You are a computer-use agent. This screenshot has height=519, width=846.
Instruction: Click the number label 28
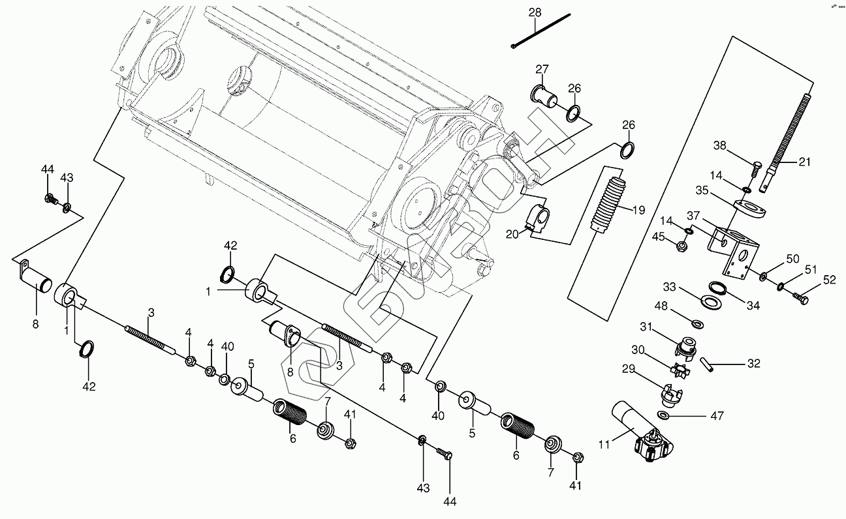535,12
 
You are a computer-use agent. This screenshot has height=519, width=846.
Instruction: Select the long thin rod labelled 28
542,30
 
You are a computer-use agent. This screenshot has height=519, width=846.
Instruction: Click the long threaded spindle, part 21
793,137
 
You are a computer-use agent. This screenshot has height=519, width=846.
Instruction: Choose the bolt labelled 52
800,298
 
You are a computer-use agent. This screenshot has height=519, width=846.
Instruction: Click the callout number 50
792,259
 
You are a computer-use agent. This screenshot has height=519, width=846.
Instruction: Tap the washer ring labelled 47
663,416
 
